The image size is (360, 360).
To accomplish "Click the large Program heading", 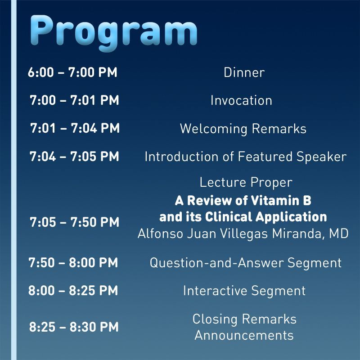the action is (x=114, y=32).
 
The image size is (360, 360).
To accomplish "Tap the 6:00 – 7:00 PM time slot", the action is (x=72, y=72).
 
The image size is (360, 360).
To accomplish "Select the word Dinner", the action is (x=244, y=72).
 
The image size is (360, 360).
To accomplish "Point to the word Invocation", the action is (x=241, y=100).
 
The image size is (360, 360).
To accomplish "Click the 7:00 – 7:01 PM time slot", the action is (x=74, y=100).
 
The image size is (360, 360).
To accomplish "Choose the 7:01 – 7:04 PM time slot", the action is (x=75, y=128).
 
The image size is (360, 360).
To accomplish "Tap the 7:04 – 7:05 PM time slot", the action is (x=74, y=157).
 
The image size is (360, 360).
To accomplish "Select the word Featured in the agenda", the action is (x=265, y=157).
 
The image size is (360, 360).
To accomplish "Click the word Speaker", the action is (x=321, y=157).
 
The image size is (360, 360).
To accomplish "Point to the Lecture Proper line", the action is (x=246, y=183).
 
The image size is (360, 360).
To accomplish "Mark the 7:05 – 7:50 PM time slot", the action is (x=74, y=222).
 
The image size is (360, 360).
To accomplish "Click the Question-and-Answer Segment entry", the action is (x=246, y=263).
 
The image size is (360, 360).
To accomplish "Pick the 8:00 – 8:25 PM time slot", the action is (x=73, y=290).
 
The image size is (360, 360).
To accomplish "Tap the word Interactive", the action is (x=215, y=291).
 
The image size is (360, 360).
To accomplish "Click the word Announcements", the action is (x=244, y=335).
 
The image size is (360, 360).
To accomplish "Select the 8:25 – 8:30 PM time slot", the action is (x=74, y=327).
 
